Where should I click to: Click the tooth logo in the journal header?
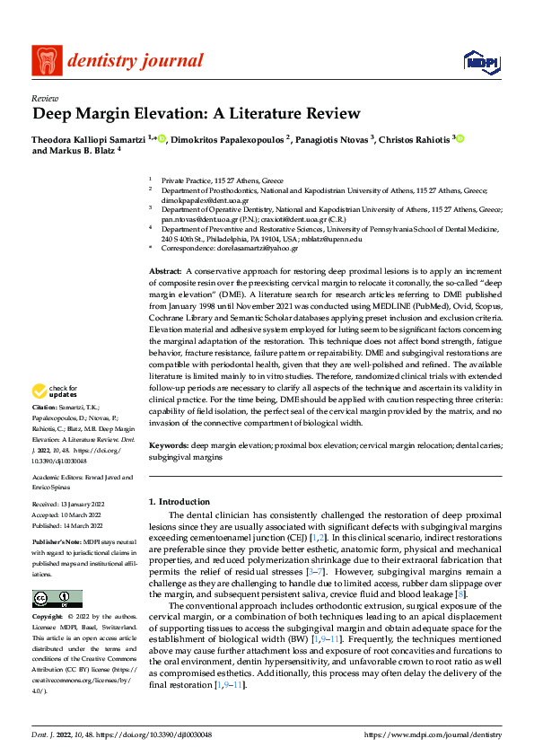click(47, 61)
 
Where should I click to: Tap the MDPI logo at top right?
click(480, 61)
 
